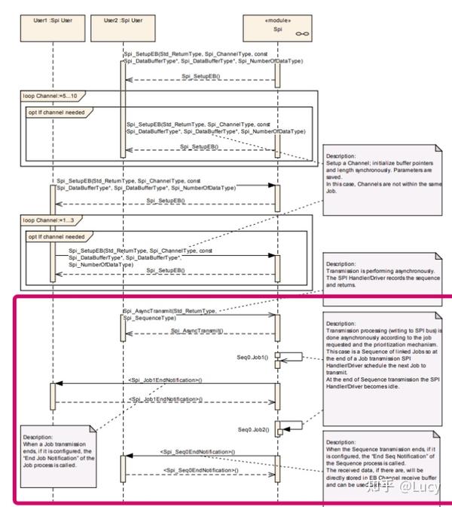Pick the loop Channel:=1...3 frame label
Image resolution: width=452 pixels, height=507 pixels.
click(x=52, y=220)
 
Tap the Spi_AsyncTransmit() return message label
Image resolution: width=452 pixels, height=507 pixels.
click(x=197, y=330)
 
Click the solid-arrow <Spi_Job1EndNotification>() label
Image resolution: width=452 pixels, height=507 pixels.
click(x=165, y=379)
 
